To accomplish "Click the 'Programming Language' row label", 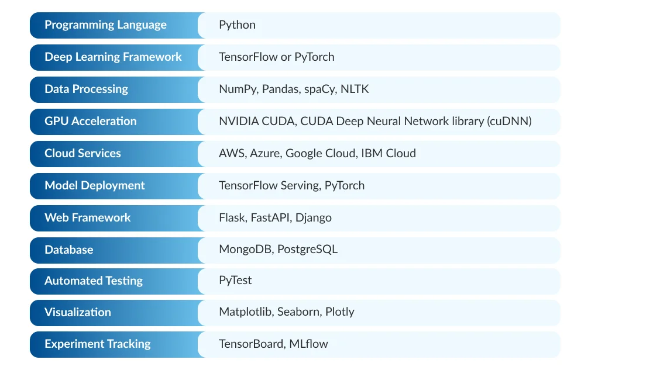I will click(105, 25).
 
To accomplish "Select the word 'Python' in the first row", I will click(237, 25).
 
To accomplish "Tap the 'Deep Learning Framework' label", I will click(113, 57).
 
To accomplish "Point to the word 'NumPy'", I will click(238, 89).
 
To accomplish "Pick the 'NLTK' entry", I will click(355, 89).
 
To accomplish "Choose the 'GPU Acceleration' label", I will click(91, 122).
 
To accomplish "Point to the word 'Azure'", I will click(266, 154).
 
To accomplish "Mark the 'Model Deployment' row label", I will click(95, 186).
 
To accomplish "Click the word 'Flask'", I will click(232, 218).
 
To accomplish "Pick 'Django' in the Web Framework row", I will click(313, 218).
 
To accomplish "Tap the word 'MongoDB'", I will click(245, 250).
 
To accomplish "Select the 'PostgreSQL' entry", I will click(307, 250).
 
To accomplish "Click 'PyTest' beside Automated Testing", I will click(235, 281).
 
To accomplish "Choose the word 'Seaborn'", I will click(298, 312).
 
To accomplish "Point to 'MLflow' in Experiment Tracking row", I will click(308, 344).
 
